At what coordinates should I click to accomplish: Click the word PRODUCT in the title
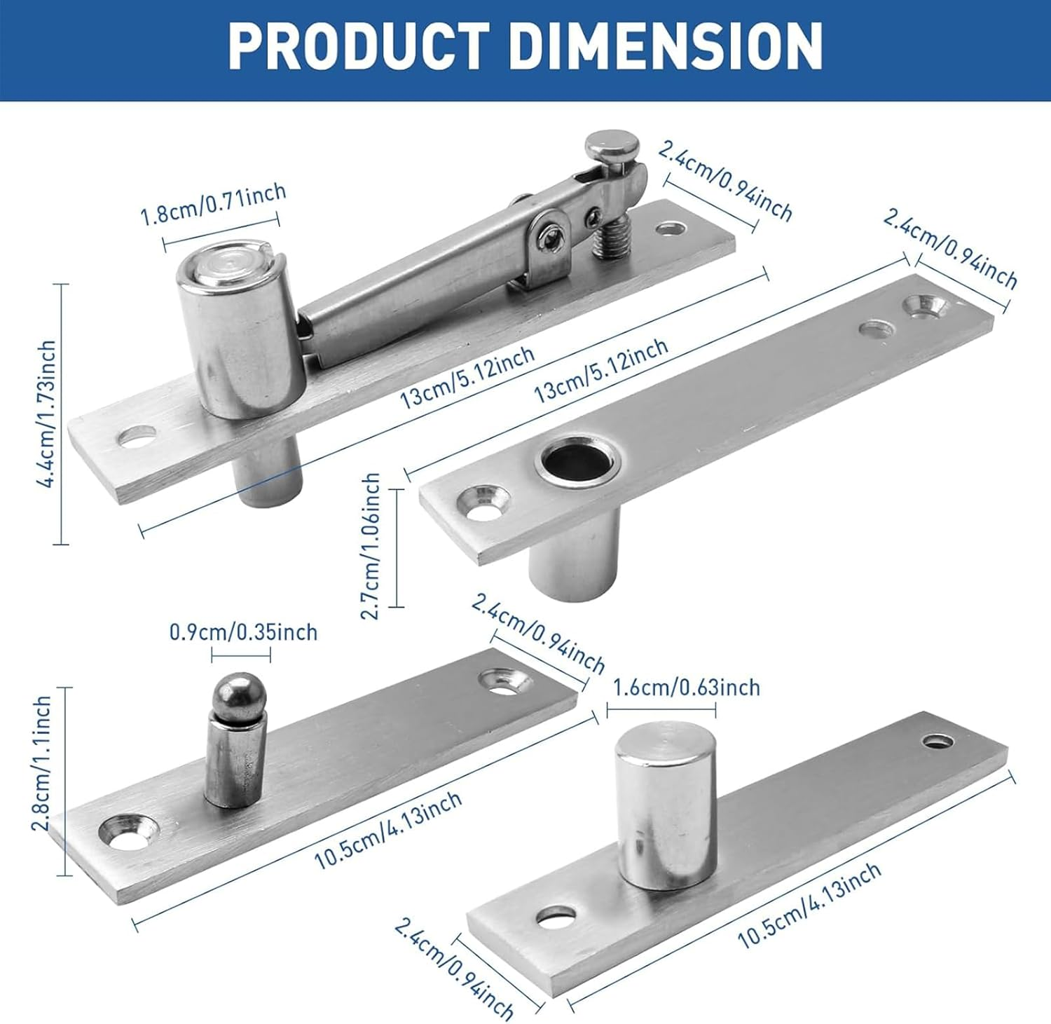[x=358, y=46]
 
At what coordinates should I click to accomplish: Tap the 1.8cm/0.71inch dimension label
[x=214, y=204]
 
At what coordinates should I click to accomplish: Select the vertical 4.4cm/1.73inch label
[x=48, y=414]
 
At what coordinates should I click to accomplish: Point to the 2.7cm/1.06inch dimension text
[x=371, y=546]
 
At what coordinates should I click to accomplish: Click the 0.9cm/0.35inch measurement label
[x=243, y=632]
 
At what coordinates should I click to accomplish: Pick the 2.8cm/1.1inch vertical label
[x=42, y=763]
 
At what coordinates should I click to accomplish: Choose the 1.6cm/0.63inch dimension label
[x=687, y=688]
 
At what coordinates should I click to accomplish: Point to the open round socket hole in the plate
[x=575, y=462]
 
